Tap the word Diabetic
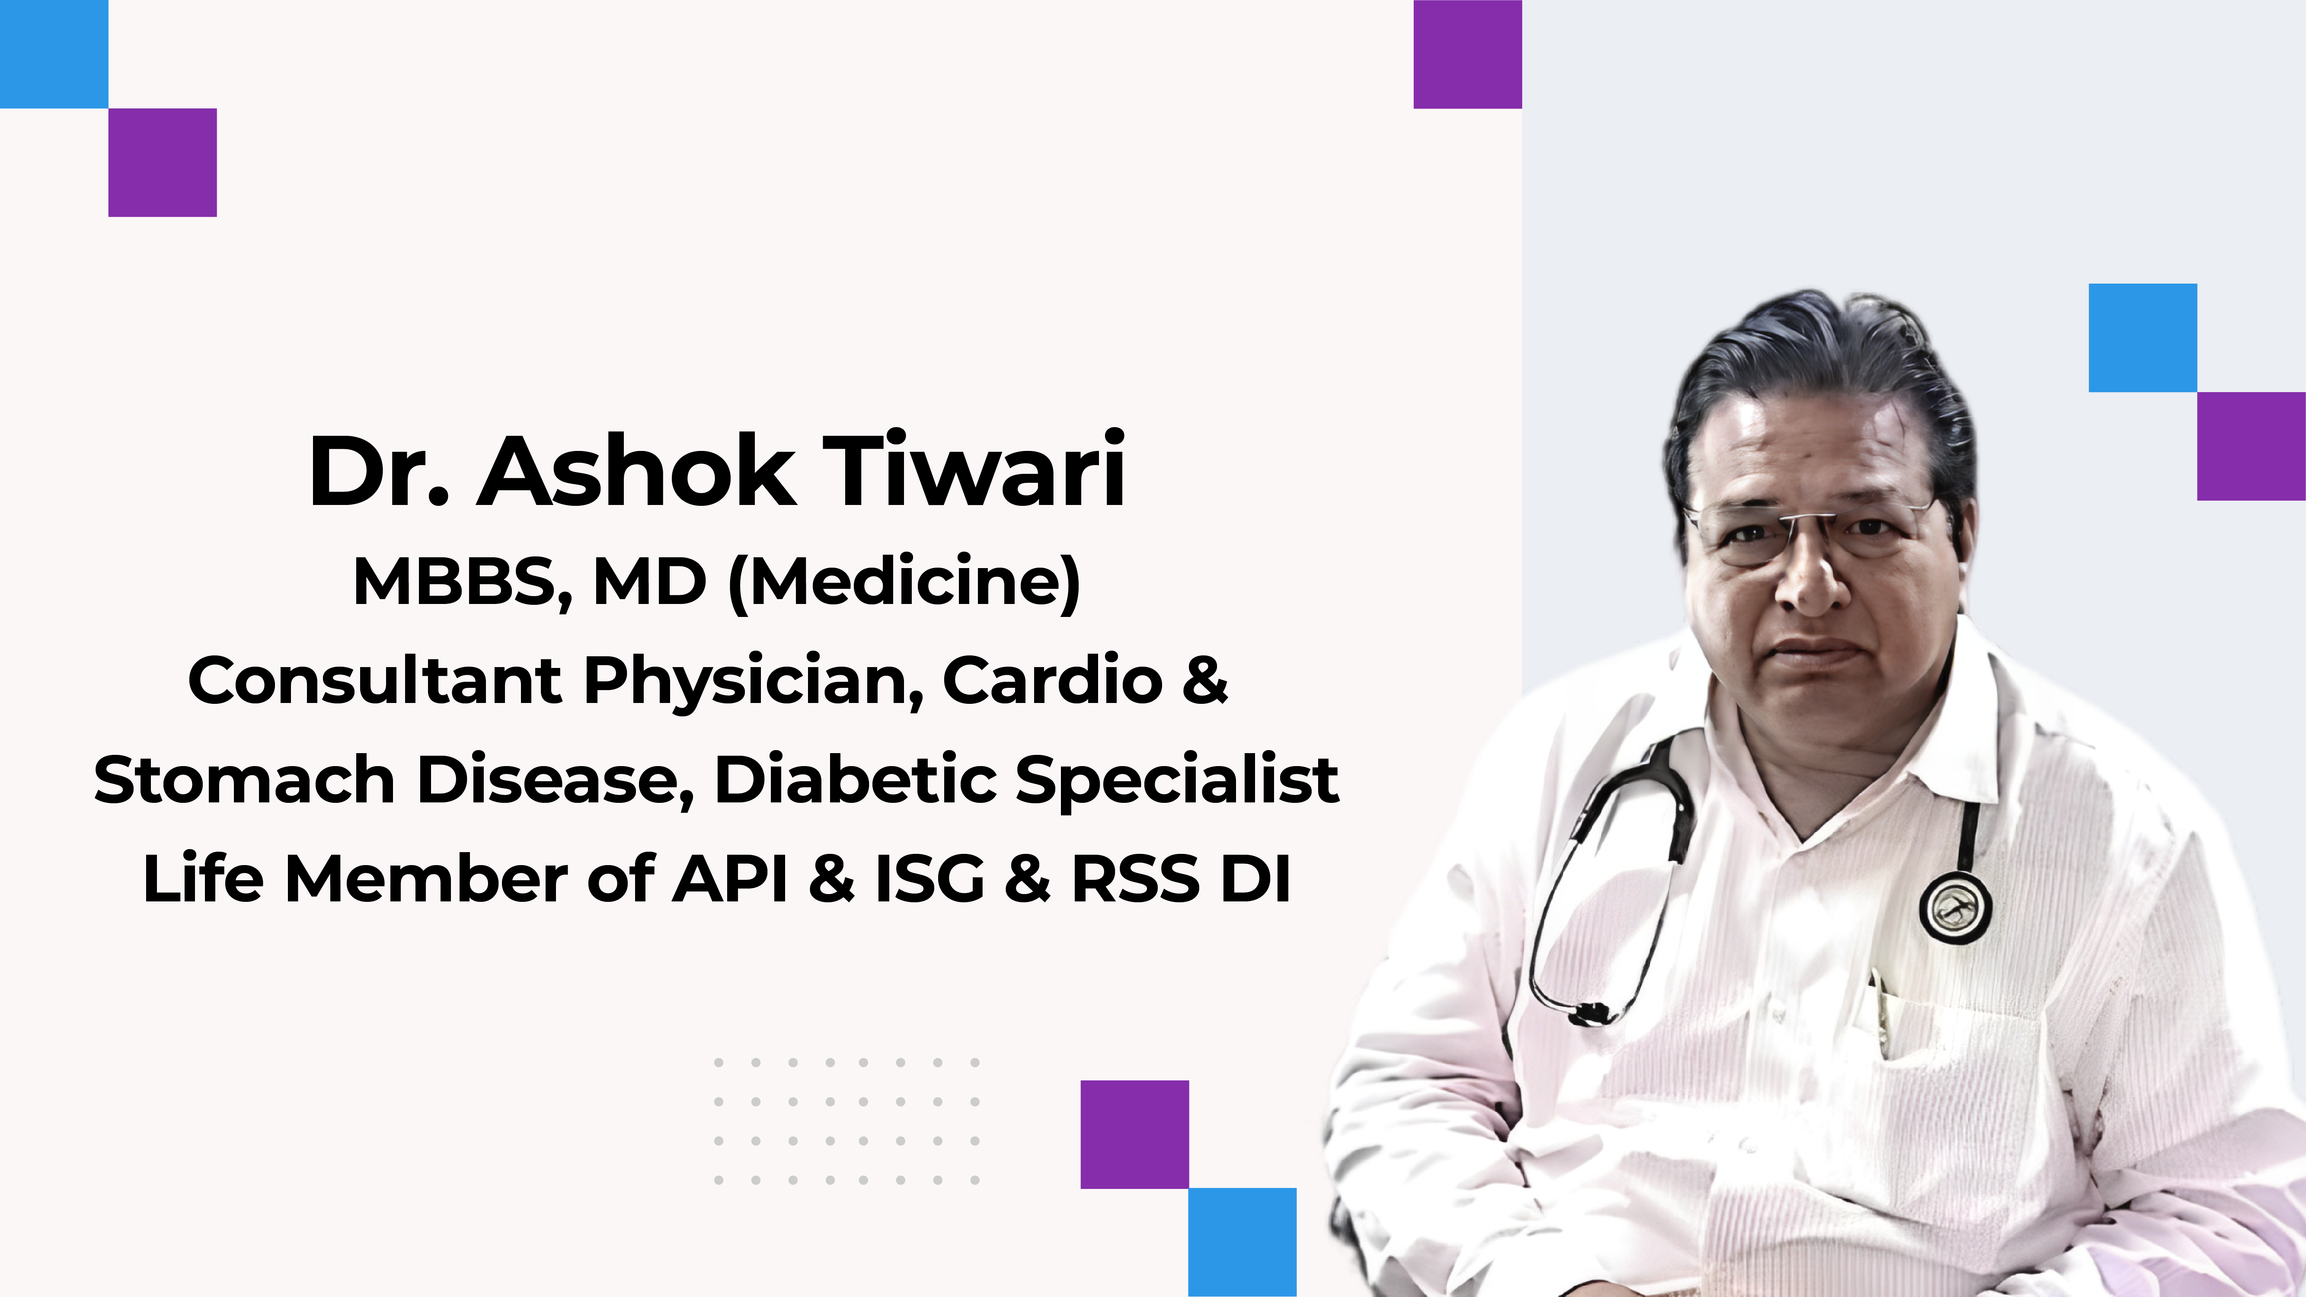(856, 779)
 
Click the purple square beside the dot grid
(1134, 1134)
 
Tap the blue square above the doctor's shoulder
(2142, 338)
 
